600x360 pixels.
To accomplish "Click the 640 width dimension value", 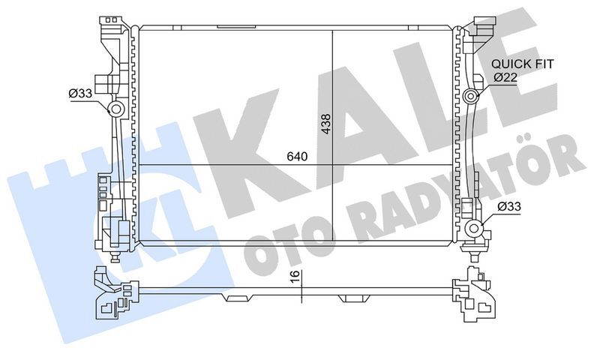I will (298, 157).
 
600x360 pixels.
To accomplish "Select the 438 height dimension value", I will (325, 123).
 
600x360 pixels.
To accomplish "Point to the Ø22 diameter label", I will (504, 77).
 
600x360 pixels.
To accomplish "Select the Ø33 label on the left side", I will (80, 93).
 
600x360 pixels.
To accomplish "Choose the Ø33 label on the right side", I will (509, 206).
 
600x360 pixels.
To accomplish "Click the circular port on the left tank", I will (117, 112).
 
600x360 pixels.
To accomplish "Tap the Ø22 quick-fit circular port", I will (471, 96).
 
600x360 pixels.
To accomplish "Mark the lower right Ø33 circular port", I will (472, 229).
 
